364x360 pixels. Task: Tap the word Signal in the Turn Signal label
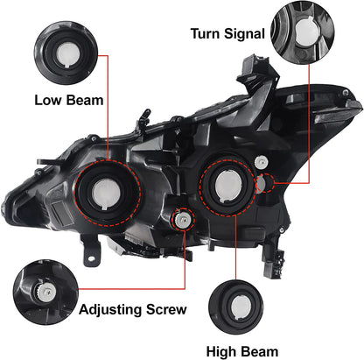click(241, 36)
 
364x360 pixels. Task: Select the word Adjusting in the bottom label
click(110, 309)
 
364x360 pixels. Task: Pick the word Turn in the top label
click(206, 36)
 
